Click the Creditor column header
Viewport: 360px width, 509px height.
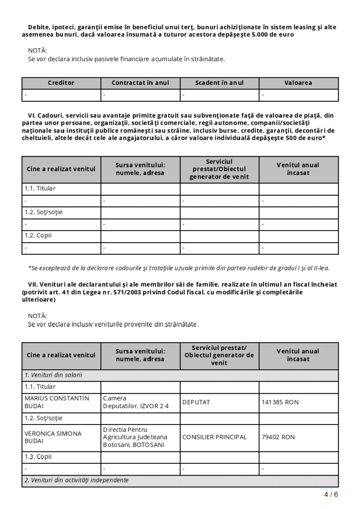(x=61, y=83)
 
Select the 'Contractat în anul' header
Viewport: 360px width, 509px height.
(x=140, y=83)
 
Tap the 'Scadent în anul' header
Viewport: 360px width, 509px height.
(x=219, y=83)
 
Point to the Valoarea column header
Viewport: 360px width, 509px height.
(x=298, y=83)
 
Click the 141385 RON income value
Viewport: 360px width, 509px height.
(x=280, y=402)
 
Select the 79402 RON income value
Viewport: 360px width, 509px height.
(x=278, y=437)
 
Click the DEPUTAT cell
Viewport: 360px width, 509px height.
(x=196, y=402)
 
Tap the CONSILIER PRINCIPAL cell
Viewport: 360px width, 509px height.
(x=214, y=437)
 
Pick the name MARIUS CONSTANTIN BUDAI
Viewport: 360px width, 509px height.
(x=57, y=402)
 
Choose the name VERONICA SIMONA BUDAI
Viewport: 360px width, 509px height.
(x=53, y=437)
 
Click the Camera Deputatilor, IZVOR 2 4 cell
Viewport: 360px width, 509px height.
(x=136, y=402)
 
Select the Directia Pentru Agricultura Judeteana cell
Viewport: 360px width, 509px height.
(x=135, y=437)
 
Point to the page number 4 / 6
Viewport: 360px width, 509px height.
(x=331, y=495)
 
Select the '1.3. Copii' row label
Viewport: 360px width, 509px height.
(x=38, y=456)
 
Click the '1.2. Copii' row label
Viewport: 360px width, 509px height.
(x=38, y=235)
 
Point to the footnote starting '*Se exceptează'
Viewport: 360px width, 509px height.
(x=179, y=268)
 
